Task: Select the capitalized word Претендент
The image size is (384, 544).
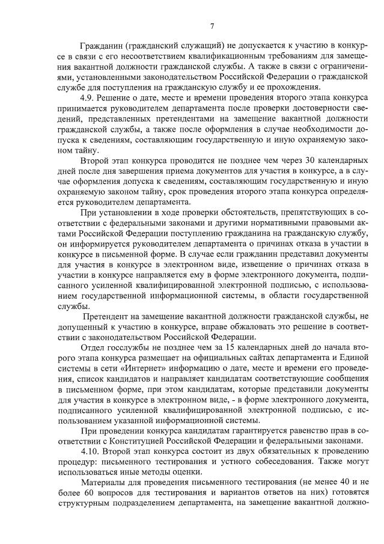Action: pos(109,316)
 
